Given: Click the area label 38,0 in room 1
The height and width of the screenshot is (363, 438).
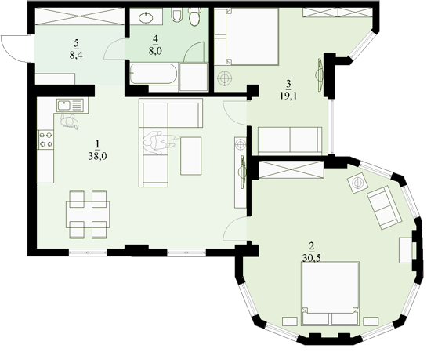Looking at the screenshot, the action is [97, 156].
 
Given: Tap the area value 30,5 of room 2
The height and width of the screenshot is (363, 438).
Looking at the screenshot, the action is [312, 258].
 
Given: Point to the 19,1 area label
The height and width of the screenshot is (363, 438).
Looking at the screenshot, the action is [288, 96].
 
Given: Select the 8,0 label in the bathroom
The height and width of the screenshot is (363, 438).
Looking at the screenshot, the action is [155, 51].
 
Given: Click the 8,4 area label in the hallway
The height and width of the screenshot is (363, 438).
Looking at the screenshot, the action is [76, 55].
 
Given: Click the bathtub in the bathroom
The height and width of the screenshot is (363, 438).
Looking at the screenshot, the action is [154, 74].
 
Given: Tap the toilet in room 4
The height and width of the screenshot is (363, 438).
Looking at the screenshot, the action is [194, 16].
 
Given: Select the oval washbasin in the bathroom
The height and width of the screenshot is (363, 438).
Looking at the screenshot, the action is [146, 18].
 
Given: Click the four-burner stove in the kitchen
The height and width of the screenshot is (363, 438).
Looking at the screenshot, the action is [46, 140].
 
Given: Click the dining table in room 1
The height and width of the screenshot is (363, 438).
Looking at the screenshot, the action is [88, 214].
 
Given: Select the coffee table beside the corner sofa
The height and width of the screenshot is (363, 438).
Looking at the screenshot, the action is [190, 156].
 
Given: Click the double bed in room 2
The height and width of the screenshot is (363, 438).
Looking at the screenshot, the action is [331, 293].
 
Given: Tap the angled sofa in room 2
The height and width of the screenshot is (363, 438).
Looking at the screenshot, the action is [385, 207].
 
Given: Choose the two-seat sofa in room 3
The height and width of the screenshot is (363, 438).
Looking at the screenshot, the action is [290, 140].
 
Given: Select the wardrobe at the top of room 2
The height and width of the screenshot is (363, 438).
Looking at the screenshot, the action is [291, 169].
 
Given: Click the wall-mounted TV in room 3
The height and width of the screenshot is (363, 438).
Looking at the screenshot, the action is [319, 74].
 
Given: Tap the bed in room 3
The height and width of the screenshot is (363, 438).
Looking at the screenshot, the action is [247, 37].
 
